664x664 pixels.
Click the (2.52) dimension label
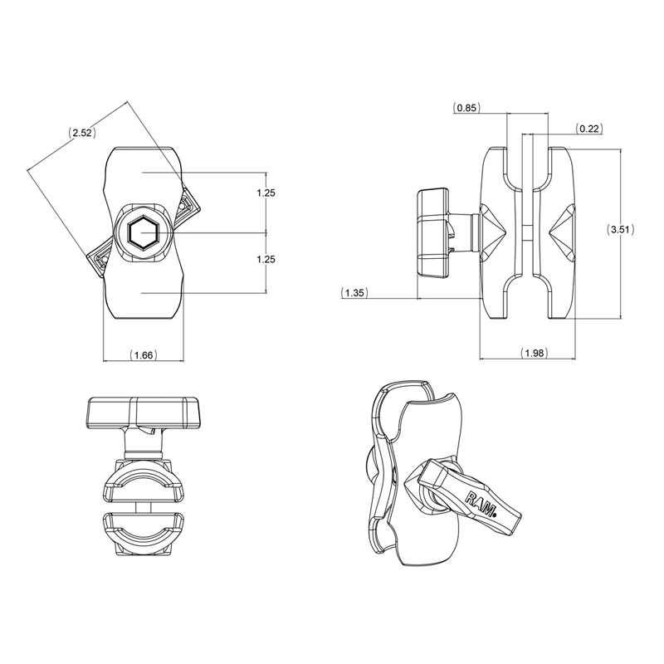coord(81,132)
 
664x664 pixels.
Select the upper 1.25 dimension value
coord(266,193)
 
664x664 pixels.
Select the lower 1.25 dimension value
coord(266,260)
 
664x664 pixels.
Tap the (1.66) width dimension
coord(144,355)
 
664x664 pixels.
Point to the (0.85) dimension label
coord(466,107)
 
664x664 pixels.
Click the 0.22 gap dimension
coord(590,128)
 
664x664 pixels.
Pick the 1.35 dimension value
coord(354,292)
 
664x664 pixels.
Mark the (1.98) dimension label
coord(534,354)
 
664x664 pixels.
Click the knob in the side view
coord(433,233)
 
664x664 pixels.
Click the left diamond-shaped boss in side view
coord(495,233)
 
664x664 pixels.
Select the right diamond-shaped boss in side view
coord(561,232)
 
